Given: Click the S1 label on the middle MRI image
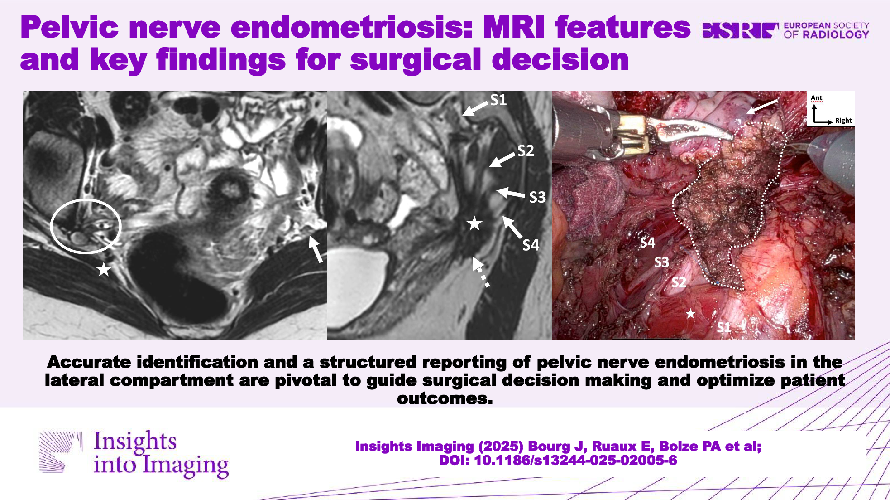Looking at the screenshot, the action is [498, 100].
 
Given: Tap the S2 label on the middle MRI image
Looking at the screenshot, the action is [526, 150].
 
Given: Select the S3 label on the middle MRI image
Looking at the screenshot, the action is [537, 197].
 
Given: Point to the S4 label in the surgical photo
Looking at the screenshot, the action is [647, 243].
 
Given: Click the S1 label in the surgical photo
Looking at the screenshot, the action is [724, 327].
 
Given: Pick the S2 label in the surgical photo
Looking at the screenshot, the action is [679, 282].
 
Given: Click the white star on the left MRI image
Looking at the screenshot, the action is [104, 269].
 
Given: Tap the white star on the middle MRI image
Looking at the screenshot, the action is [474, 223].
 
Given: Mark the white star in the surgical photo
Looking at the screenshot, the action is [690, 313].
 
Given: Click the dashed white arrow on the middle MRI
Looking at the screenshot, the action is [481, 272].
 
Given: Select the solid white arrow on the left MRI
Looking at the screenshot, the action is [316, 249].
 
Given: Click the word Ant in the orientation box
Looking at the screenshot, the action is [817, 98].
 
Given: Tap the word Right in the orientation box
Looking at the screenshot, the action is [843, 121].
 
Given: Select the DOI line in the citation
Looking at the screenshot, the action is [558, 461].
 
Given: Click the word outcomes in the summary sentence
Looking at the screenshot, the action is [445, 398].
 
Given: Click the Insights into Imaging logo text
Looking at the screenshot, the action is [161, 453].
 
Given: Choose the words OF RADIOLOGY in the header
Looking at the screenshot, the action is [826, 34].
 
